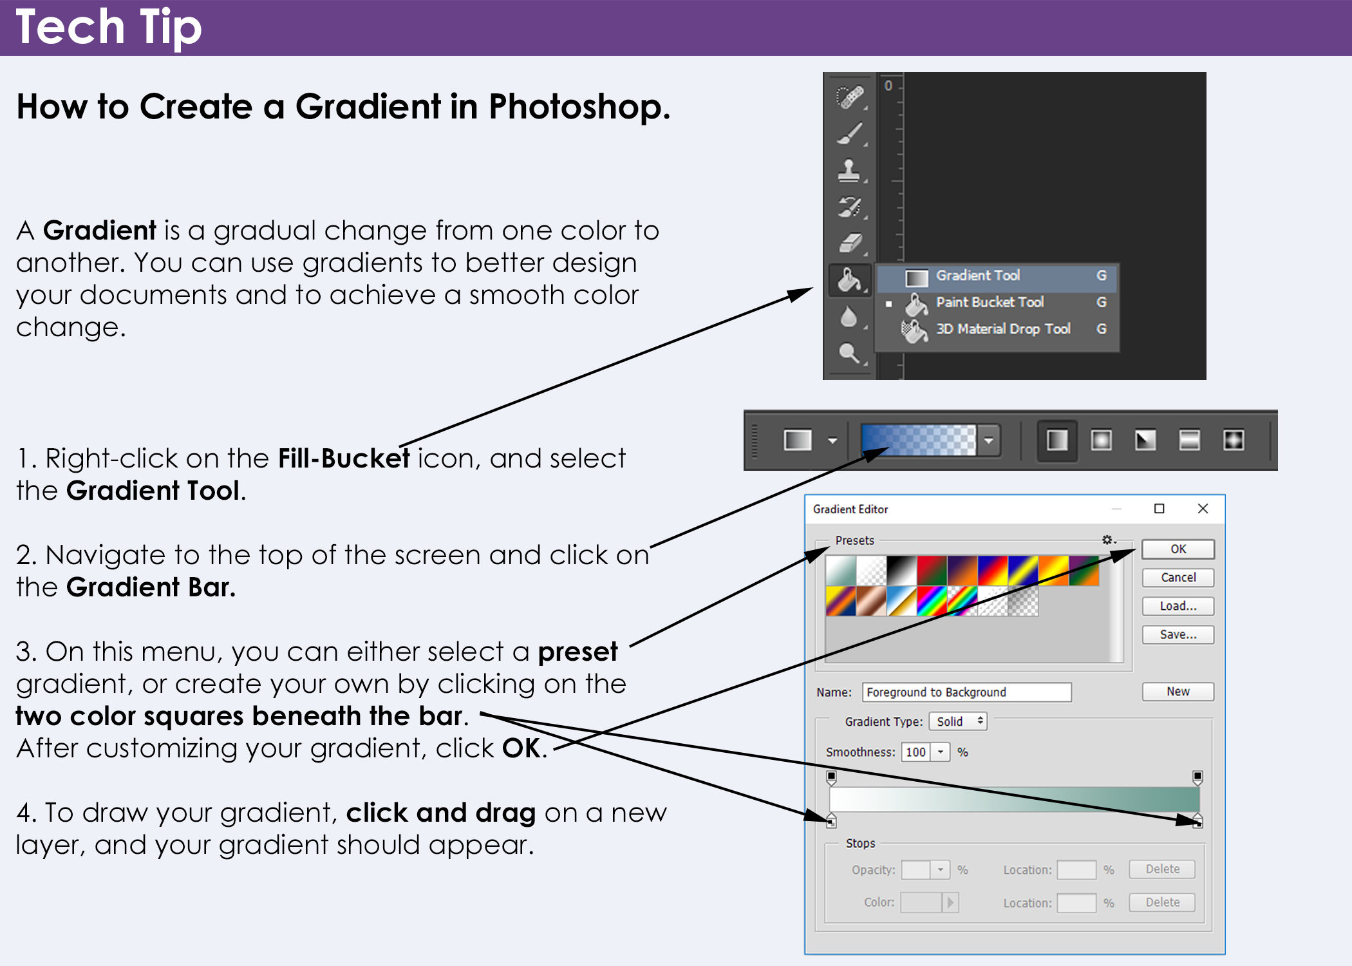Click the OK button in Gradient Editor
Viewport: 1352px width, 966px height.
coord(1178,549)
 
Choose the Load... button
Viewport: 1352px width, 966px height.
coord(1178,606)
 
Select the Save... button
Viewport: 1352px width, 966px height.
coord(1178,634)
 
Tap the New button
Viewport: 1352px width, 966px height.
coord(1178,692)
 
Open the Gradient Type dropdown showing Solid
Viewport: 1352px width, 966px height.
coord(958,721)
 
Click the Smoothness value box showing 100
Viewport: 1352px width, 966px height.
coord(915,752)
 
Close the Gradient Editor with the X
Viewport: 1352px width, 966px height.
coord(1203,509)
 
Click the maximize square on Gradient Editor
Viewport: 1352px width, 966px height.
coord(1160,509)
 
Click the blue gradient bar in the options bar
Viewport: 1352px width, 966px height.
coord(919,440)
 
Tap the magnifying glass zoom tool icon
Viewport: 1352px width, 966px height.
coord(849,354)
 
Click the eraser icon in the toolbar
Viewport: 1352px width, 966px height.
coord(850,243)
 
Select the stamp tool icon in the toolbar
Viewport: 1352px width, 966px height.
coord(849,171)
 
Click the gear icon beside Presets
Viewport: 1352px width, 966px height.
coord(1107,540)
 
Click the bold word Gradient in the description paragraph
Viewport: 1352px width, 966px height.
coord(100,231)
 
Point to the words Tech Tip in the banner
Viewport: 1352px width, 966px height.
coord(109,27)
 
